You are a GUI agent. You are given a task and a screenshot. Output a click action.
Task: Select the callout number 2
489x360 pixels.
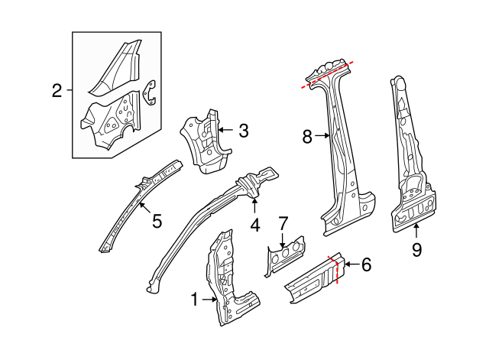click(57, 92)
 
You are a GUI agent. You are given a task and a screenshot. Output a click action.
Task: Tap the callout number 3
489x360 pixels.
click(243, 131)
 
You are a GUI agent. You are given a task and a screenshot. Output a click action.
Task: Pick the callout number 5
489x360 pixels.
click(157, 222)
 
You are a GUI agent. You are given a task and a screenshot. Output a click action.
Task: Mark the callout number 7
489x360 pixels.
click(283, 223)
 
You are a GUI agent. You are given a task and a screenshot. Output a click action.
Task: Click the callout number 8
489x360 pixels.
click(307, 138)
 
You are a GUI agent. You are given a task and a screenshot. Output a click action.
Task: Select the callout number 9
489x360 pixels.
click(416, 250)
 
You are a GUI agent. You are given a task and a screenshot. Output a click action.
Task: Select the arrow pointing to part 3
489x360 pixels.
click(225, 131)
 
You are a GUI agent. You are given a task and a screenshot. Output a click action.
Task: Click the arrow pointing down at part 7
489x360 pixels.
click(283, 239)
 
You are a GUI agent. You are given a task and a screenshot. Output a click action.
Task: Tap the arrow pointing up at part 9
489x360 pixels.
click(416, 231)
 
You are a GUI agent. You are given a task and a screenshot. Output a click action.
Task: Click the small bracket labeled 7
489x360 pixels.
click(283, 255)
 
